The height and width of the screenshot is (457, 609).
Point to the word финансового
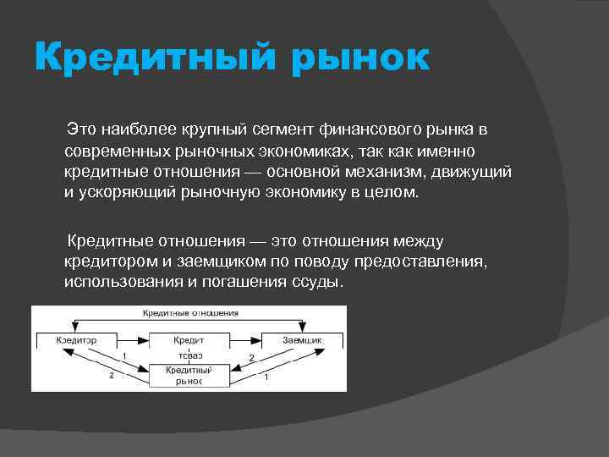[373, 130]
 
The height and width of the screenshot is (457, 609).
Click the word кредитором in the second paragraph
[104, 262]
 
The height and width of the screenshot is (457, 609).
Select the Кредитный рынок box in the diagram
[189, 376]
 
